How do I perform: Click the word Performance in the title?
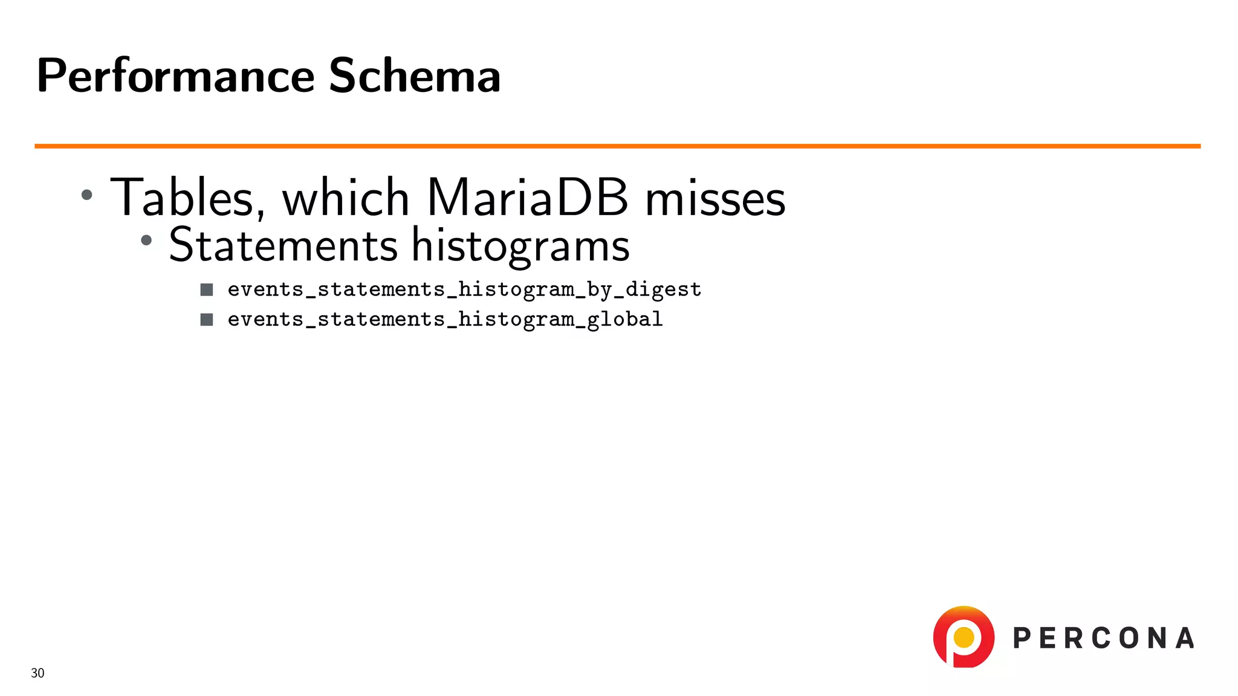pyautogui.click(x=175, y=76)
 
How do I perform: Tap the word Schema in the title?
pyautogui.click(x=414, y=76)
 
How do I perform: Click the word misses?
pyautogui.click(x=715, y=199)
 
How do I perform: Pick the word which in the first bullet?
pyautogui.click(x=346, y=198)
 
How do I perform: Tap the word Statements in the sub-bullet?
pyautogui.click(x=283, y=245)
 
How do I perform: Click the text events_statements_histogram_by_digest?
pyautogui.click(x=464, y=290)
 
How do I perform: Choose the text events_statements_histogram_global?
pyautogui.click(x=445, y=320)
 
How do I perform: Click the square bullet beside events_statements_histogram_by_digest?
pyautogui.click(x=207, y=290)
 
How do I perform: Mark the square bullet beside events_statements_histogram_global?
pyautogui.click(x=207, y=320)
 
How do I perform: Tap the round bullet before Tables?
pyautogui.click(x=87, y=195)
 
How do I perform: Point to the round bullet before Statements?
pyautogui.click(x=146, y=240)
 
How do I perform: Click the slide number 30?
pyautogui.click(x=37, y=673)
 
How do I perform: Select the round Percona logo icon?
pyautogui.click(x=964, y=637)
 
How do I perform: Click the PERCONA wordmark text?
pyautogui.click(x=1103, y=639)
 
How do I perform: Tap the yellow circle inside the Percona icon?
pyautogui.click(x=964, y=637)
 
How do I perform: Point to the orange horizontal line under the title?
pyautogui.click(x=617, y=146)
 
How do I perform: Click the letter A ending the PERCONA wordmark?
pyautogui.click(x=1185, y=639)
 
